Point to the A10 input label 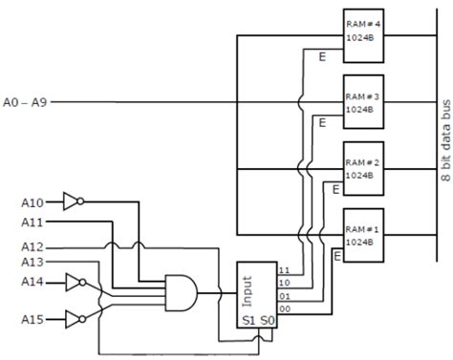32,176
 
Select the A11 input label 32,222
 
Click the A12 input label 32,246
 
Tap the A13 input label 32,262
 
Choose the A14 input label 32,282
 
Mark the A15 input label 32,317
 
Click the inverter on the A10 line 74,175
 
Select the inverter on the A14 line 74,282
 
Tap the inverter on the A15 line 74,317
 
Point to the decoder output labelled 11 284,270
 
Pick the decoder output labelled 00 284,307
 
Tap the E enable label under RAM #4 322,58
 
